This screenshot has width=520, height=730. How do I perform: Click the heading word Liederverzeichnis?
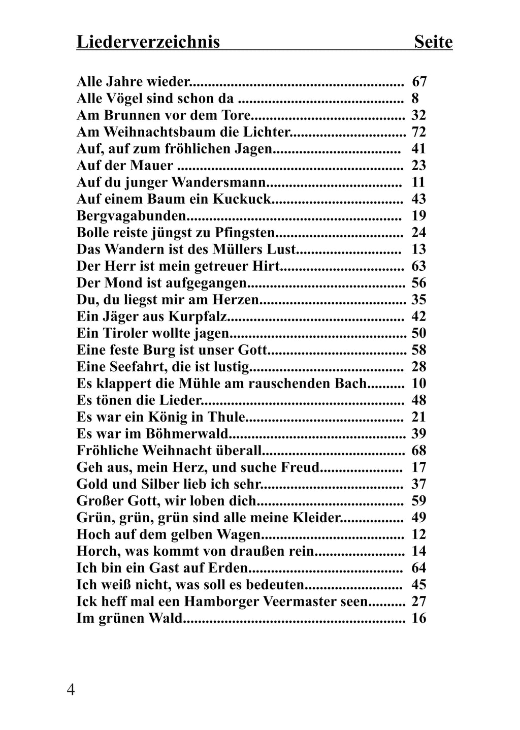pos(148,42)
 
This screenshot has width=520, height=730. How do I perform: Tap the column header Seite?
pos(433,42)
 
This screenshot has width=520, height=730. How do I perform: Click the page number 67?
pos(419,81)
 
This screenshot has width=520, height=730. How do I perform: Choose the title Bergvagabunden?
pos(132,215)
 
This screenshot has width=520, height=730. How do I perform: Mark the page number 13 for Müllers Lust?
pos(419,249)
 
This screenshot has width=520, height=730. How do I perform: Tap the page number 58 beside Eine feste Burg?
pos(419,350)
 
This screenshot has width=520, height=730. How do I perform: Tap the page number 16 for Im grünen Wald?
pos(419,618)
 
